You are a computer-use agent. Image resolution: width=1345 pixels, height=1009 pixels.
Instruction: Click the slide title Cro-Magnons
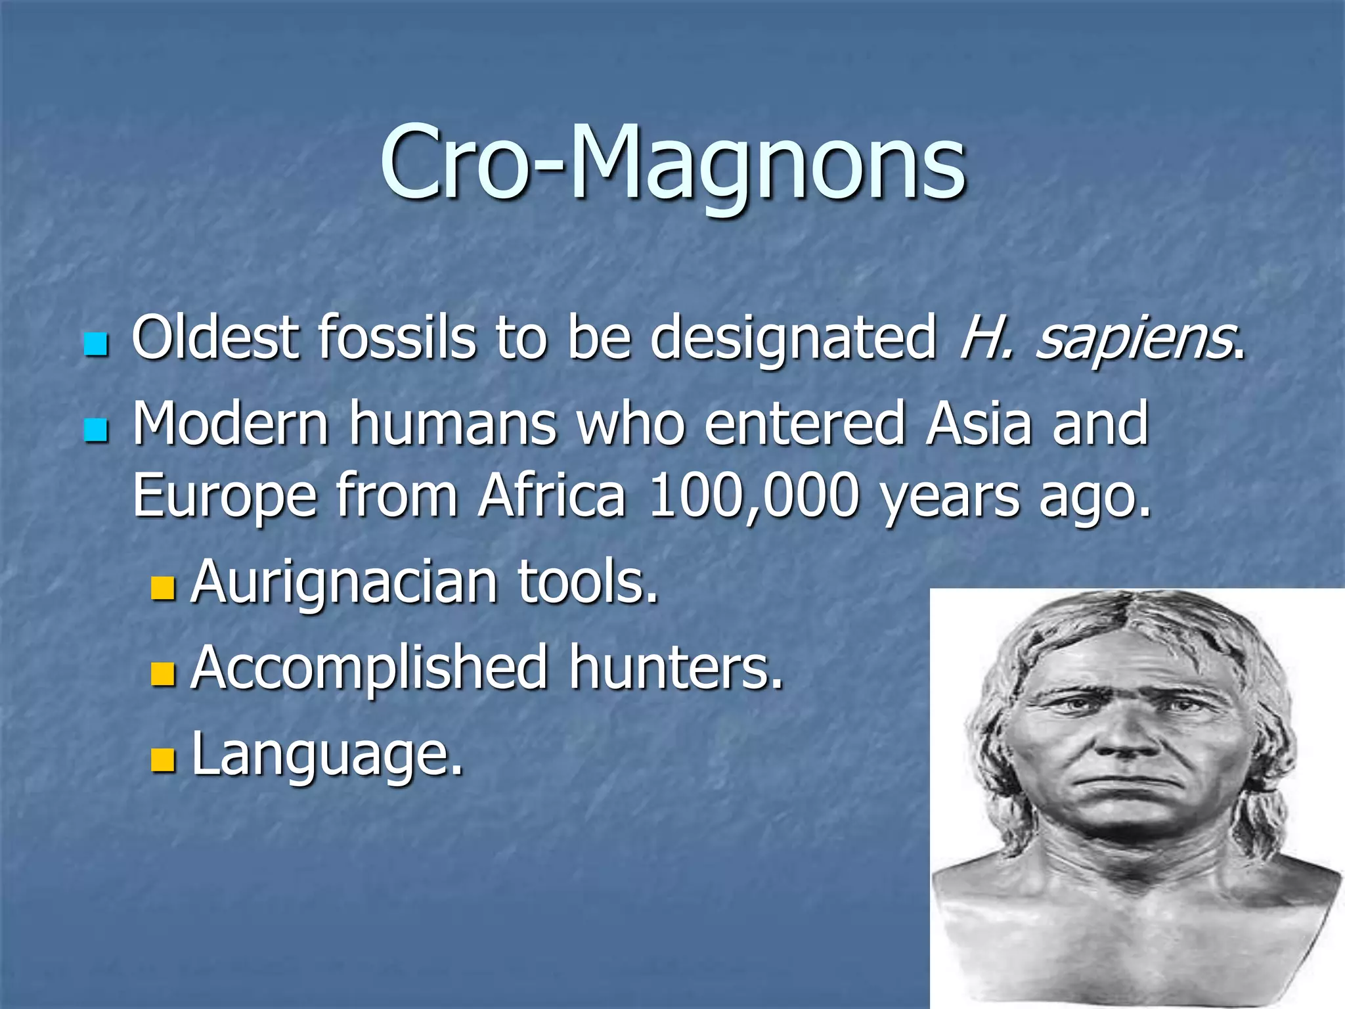coord(672,163)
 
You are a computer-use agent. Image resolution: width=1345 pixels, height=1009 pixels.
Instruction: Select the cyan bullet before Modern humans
coord(96,431)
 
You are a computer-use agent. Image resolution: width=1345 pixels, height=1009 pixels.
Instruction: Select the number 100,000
coord(753,495)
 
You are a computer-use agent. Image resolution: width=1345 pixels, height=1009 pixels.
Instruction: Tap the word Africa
coord(552,495)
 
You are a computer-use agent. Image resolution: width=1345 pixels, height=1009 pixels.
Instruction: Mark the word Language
coord(326,755)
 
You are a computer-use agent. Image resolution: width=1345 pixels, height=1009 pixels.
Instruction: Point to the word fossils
coord(397,338)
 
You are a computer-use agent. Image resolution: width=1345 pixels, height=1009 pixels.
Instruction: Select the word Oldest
coord(215,338)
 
